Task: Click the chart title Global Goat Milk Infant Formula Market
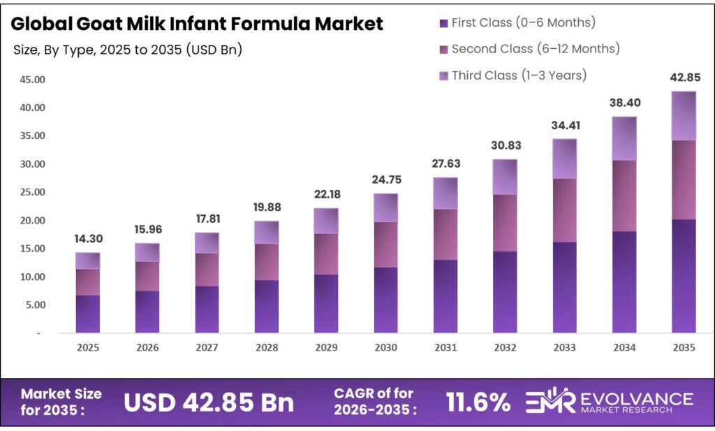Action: pyautogui.click(x=197, y=24)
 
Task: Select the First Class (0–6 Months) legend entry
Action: pyautogui.click(x=517, y=22)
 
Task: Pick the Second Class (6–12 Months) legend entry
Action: pyautogui.click(x=529, y=49)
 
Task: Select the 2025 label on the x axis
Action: pyautogui.click(x=88, y=347)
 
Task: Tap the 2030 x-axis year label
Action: pyautogui.click(x=385, y=347)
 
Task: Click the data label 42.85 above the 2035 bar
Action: pyautogui.click(x=684, y=78)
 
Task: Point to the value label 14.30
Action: pyautogui.click(x=88, y=239)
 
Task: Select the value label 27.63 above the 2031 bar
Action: pyautogui.click(x=445, y=164)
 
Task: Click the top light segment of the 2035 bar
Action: pyautogui.click(x=684, y=116)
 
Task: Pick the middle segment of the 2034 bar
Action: pyautogui.click(x=624, y=196)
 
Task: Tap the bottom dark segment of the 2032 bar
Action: pyautogui.click(x=505, y=291)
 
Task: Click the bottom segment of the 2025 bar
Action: pyautogui.click(x=88, y=314)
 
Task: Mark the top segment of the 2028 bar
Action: pyautogui.click(x=267, y=232)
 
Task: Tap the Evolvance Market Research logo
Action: pyautogui.click(x=608, y=402)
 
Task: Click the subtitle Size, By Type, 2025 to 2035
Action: pyautogui.click(x=127, y=50)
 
